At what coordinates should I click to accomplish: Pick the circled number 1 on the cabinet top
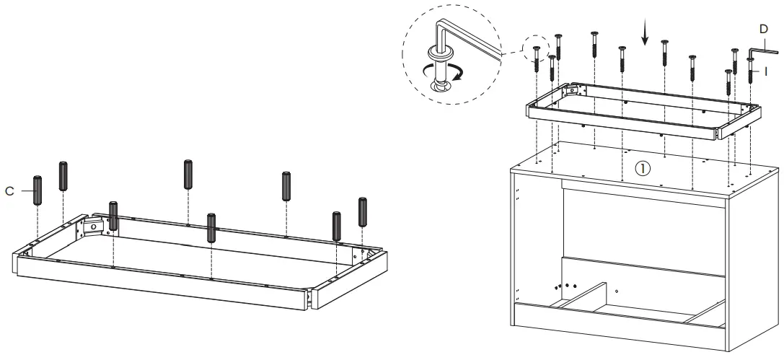coord(641,168)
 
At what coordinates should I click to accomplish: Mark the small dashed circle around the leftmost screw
coord(537,48)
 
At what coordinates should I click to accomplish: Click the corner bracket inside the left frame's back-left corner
coord(94,227)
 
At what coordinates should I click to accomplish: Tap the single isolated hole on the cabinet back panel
coord(617,291)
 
